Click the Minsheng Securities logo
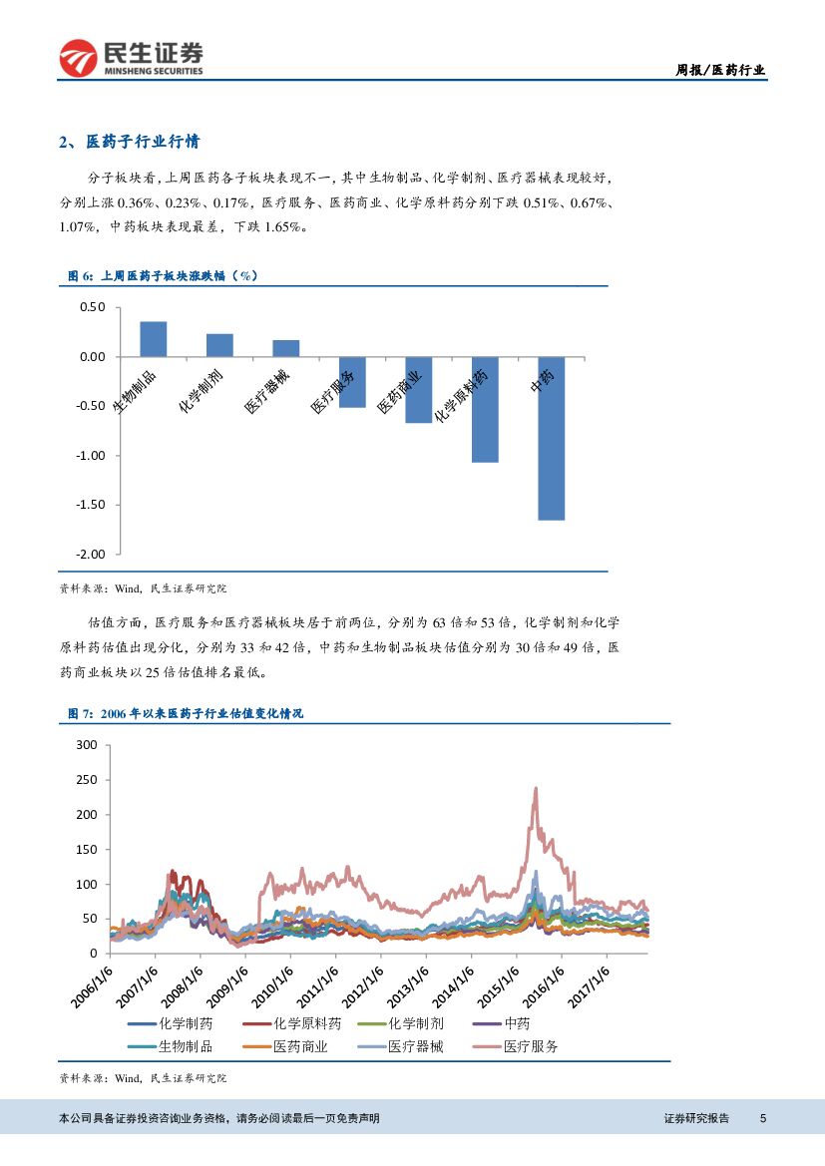coord(131,59)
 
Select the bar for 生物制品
coord(153,339)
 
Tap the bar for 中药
coord(551,439)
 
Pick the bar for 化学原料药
coord(485,410)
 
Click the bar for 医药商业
coord(418,390)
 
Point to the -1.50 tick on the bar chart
coord(91,505)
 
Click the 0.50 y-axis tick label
coord(93,307)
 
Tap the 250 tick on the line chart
coord(87,780)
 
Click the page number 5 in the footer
coord(762,1118)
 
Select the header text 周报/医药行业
coord(720,70)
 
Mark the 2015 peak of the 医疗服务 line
coord(536,788)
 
